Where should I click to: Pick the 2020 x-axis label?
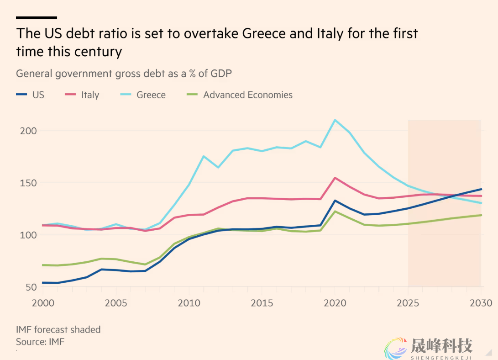(x=335, y=303)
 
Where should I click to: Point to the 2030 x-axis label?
(x=481, y=303)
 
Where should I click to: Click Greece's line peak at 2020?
(x=335, y=120)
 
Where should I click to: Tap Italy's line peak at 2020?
(x=335, y=178)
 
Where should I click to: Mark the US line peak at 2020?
(x=335, y=201)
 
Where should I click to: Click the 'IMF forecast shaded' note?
(x=58, y=329)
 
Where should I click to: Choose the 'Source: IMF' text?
(x=40, y=341)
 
